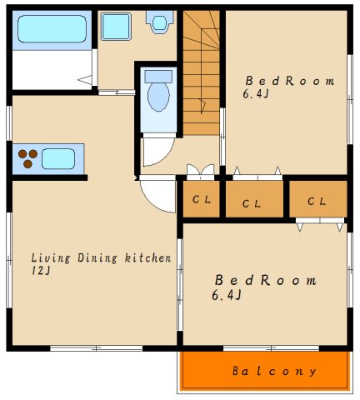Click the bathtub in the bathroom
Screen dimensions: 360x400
[x=52, y=29]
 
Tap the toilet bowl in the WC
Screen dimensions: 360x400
[x=158, y=97]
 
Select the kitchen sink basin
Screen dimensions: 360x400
[x=58, y=159]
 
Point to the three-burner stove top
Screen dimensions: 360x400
[x=27, y=158]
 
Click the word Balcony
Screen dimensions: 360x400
[x=274, y=371]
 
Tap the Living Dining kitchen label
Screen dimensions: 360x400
[x=101, y=258]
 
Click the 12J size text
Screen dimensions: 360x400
[x=41, y=271]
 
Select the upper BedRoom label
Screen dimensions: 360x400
[x=290, y=81]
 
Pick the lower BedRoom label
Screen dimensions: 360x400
[x=266, y=280]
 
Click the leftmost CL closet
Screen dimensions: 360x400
[x=202, y=199]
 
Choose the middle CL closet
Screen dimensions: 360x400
[x=254, y=199]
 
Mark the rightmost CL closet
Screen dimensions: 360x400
[x=318, y=199]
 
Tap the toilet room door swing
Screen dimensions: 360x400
[x=158, y=152]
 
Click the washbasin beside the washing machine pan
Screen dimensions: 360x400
[x=159, y=22]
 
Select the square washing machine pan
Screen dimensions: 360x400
[x=116, y=27]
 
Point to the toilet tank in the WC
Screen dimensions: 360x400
[x=158, y=77]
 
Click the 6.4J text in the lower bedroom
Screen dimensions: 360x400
[x=227, y=295]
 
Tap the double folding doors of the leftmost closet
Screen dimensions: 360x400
[x=201, y=170]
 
